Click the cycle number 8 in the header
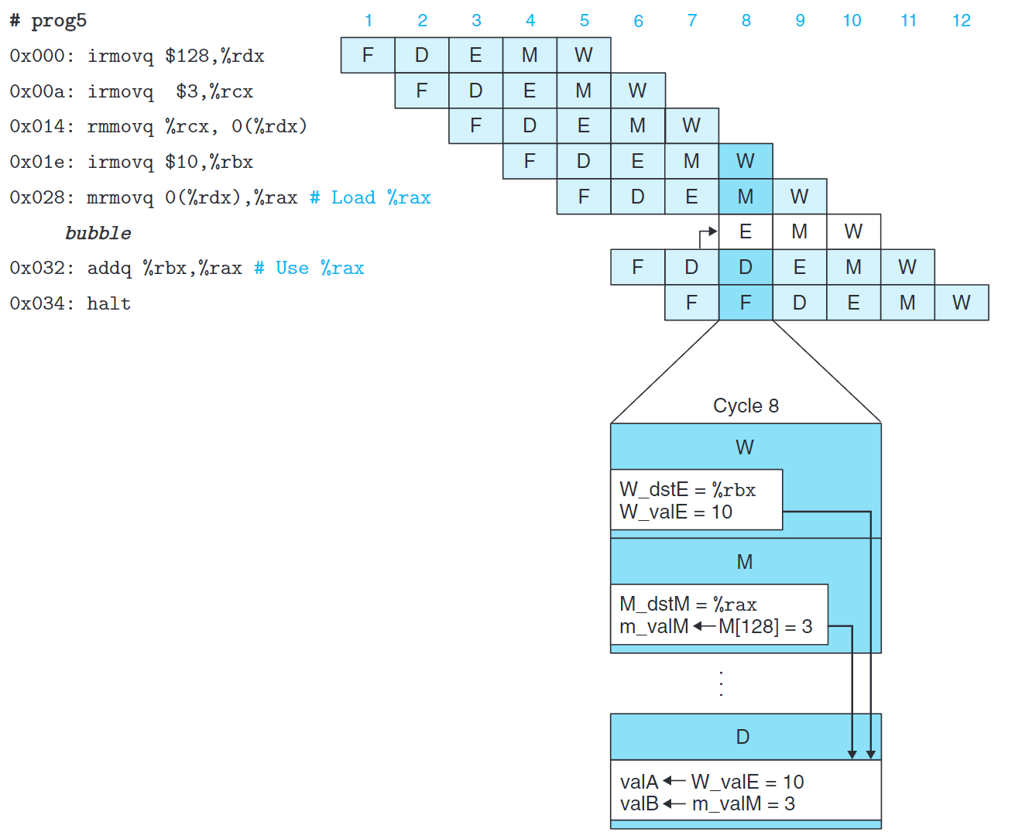tap(746, 21)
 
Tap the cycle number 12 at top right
tap(961, 21)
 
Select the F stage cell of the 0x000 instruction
tap(368, 55)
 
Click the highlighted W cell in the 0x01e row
tap(746, 161)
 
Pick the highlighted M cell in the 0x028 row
tap(746, 197)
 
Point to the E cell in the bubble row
tap(746, 231)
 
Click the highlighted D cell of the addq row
tap(746, 267)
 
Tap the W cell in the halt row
tap(961, 303)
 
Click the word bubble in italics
tap(98, 233)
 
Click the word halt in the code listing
tap(108, 303)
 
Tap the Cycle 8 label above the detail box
tap(746, 406)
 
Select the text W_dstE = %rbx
tap(687, 489)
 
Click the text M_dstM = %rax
tap(688, 604)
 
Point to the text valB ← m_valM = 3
tap(707, 804)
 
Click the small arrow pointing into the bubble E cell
tap(708, 232)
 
